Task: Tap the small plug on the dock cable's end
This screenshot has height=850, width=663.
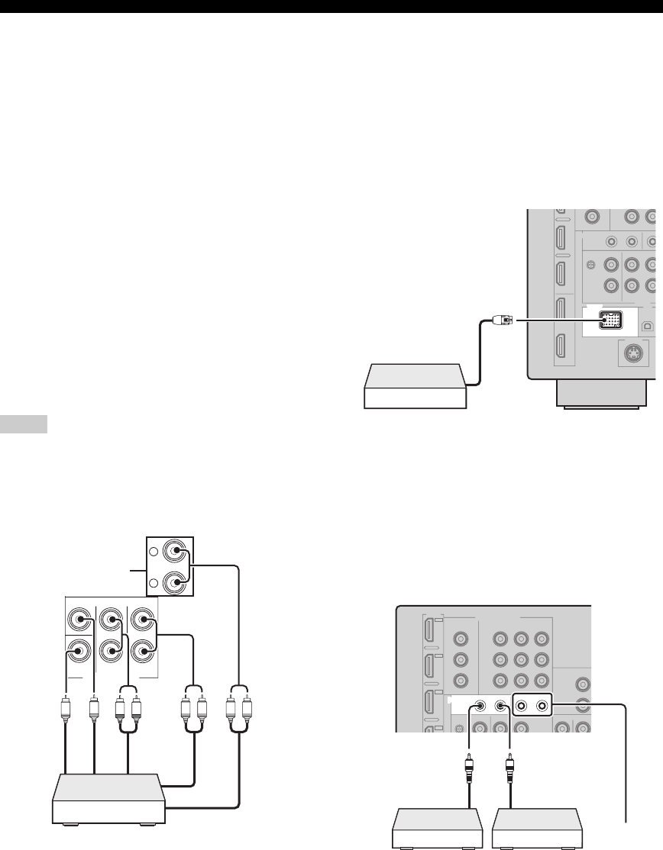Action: click(x=504, y=320)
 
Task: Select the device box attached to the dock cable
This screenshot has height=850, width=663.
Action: click(x=413, y=387)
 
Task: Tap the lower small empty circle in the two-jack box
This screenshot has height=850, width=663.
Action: click(x=154, y=583)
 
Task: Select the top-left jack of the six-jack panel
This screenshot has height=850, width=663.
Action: click(x=78, y=616)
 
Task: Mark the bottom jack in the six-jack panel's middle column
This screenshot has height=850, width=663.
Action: click(x=112, y=651)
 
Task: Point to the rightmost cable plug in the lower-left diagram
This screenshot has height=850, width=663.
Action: click(x=247, y=706)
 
